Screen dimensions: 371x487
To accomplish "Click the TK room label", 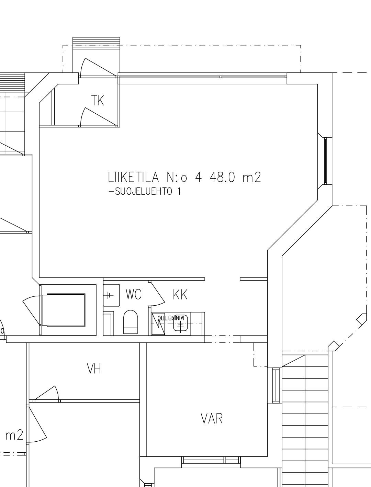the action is (x=98, y=101).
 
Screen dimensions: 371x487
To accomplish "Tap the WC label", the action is (x=133, y=294).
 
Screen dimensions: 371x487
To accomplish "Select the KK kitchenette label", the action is (x=180, y=294).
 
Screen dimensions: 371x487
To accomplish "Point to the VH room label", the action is (x=94, y=369).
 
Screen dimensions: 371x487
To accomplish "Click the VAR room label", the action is (x=212, y=418).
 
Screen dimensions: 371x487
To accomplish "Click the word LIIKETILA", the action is (x=134, y=177).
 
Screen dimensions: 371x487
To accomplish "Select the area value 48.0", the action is (x=222, y=177).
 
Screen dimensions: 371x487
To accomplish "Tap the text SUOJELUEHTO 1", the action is (x=145, y=192).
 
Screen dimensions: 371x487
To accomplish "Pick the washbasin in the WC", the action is (x=111, y=295).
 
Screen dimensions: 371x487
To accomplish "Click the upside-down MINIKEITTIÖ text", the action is (x=171, y=318).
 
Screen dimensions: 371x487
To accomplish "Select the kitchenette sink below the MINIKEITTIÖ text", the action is (x=180, y=324).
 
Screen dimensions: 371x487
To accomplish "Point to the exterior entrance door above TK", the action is (x=98, y=67).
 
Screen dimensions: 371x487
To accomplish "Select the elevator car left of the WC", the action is (x=66, y=310).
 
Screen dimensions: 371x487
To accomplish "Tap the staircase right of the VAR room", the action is (x=305, y=419).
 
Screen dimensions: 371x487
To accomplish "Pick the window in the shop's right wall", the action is (x=325, y=161).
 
